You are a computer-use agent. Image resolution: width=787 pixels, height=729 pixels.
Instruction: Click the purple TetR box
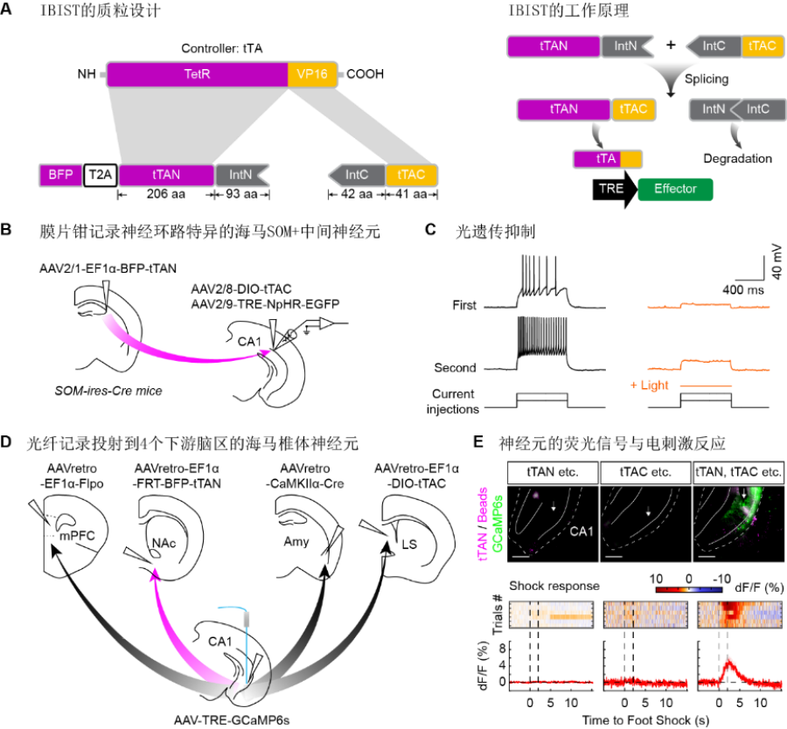[x=197, y=74]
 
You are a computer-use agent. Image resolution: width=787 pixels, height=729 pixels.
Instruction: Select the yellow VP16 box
[x=312, y=74]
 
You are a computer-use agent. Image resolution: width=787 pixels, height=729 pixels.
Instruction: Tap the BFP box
[x=60, y=175]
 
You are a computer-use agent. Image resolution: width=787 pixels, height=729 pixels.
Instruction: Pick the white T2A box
[x=101, y=175]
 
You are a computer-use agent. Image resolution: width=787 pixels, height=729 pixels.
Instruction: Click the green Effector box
[x=675, y=189]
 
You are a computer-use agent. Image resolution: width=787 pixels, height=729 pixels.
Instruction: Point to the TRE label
[x=611, y=189]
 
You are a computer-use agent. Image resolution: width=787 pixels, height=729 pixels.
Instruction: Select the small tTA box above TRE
[x=608, y=159]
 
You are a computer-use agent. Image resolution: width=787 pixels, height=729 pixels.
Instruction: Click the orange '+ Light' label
[x=650, y=385]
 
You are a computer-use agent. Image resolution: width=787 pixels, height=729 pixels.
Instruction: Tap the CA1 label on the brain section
[x=583, y=530]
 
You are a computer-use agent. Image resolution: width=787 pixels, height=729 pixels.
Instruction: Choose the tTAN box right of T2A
[x=166, y=175]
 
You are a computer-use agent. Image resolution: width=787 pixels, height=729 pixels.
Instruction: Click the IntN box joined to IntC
[x=713, y=109]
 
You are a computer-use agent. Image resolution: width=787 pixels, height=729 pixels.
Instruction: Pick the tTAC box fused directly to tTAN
[x=633, y=109]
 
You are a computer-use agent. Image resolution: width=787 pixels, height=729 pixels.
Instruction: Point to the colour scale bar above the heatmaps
[x=689, y=589]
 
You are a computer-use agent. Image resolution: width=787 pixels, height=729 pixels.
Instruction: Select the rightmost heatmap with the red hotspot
[x=739, y=614]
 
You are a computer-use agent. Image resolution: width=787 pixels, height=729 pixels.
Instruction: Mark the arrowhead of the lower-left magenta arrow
[x=156, y=573]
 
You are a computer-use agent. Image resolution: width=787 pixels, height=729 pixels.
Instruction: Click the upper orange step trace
[x=708, y=305]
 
